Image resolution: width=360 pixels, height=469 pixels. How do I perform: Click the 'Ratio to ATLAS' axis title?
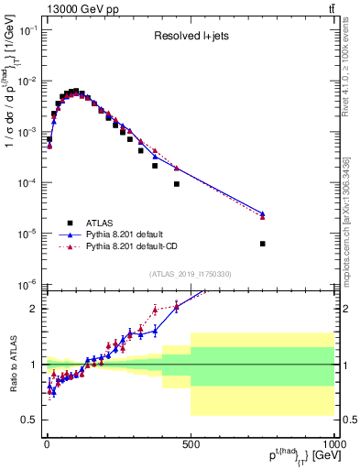[x=13, y=364]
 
